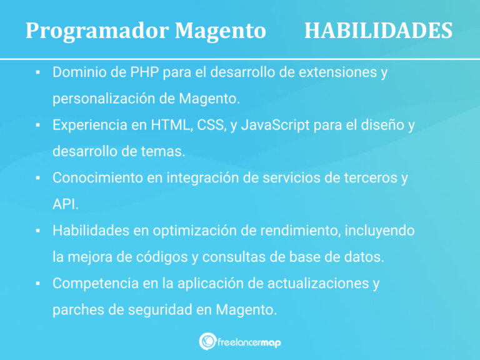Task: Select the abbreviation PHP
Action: [x=144, y=72]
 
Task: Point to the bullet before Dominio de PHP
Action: [x=38, y=73]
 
